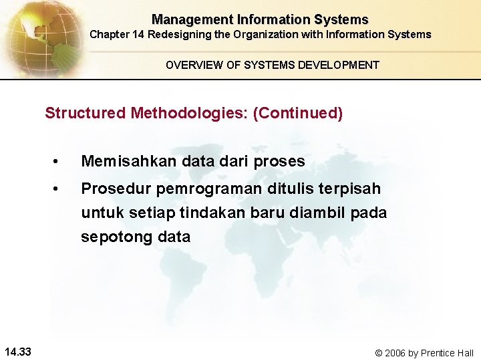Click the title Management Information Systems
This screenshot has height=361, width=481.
click(260, 20)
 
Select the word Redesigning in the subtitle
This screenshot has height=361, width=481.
click(176, 34)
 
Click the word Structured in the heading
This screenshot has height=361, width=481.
click(85, 113)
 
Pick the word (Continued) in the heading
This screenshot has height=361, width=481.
click(298, 113)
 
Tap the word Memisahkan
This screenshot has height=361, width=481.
click(127, 161)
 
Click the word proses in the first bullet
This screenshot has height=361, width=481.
click(279, 162)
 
